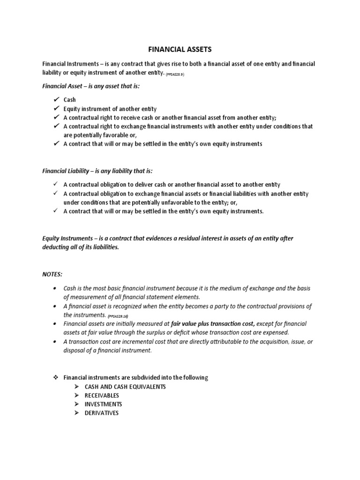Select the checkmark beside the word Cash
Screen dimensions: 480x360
pyautogui.click(x=56, y=99)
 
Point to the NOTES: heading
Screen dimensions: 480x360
pyautogui.click(x=52, y=273)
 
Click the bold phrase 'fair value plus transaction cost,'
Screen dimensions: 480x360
pyautogui.click(x=213, y=324)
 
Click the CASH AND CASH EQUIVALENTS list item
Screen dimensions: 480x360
pyautogui.click(x=125, y=387)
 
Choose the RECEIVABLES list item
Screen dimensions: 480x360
pyautogui.click(x=102, y=396)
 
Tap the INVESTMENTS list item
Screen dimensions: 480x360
pyautogui.click(x=104, y=404)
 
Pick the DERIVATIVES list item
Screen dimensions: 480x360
pyautogui.click(x=102, y=413)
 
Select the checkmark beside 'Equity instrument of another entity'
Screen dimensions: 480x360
pyautogui.click(x=56, y=108)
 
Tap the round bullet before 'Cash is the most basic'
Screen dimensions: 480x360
pyautogui.click(x=55, y=288)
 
